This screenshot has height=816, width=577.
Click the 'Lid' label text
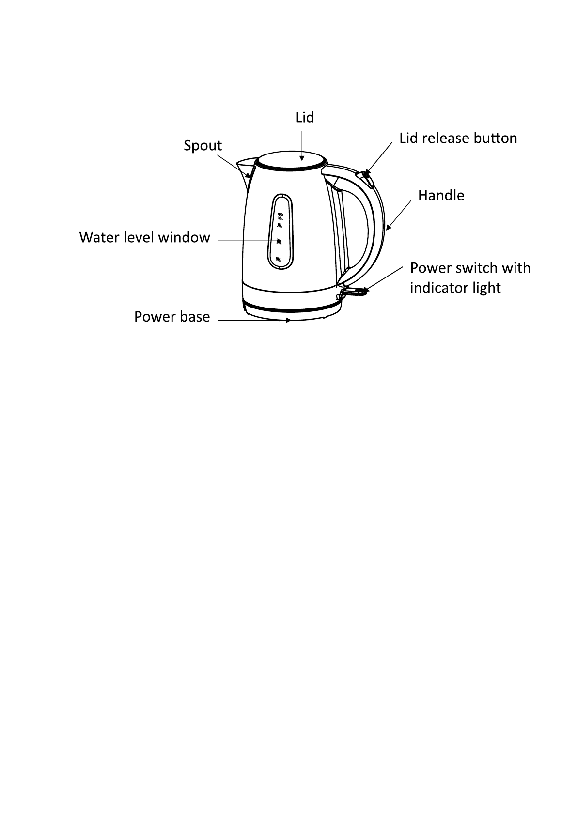click(305, 117)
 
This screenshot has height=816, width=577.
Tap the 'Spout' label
click(203, 145)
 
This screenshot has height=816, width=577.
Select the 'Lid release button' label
click(458, 139)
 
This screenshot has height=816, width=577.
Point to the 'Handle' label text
click(441, 195)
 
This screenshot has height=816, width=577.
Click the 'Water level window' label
click(144, 237)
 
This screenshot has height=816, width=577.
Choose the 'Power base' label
click(172, 317)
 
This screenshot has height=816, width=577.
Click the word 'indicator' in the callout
click(439, 288)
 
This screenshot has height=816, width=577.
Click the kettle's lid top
click(291, 160)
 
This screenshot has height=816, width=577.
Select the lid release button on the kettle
click(367, 178)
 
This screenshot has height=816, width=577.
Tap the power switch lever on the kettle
click(356, 292)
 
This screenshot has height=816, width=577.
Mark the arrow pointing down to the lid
click(302, 145)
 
